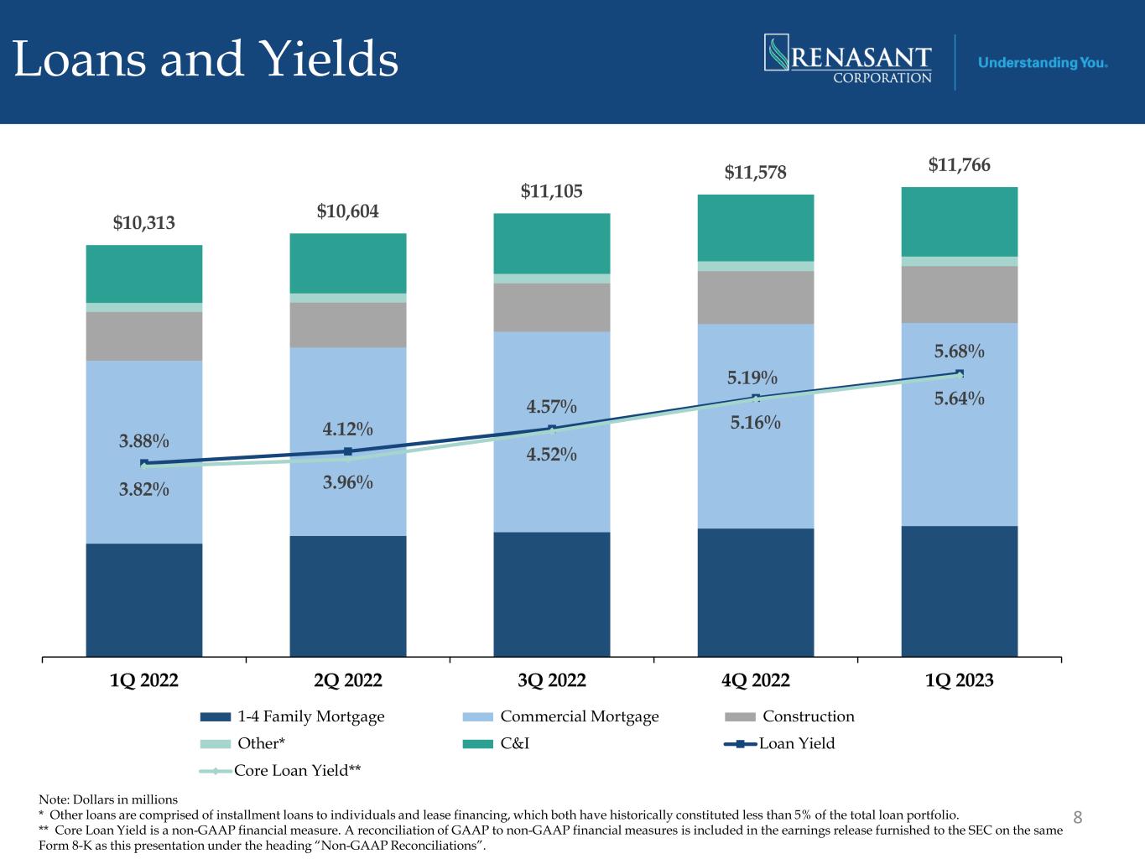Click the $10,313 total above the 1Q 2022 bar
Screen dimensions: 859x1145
click(144, 223)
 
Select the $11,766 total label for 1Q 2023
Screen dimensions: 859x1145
click(959, 165)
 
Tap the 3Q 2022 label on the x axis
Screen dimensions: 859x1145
click(552, 680)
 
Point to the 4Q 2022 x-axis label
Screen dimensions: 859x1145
click(756, 680)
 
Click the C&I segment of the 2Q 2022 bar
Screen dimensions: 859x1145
click(348, 263)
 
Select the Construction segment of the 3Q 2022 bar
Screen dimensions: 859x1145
click(552, 307)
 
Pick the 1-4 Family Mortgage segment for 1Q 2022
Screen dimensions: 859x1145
click(144, 599)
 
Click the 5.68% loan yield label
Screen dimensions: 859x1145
click(959, 351)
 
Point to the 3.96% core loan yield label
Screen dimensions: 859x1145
click(348, 483)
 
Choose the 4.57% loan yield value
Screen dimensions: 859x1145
click(551, 408)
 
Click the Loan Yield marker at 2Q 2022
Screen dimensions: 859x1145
click(347, 452)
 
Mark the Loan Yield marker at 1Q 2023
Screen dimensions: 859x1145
click(959, 373)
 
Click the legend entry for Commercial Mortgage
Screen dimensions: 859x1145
click(579, 716)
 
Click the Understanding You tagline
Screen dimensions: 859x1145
click(1043, 63)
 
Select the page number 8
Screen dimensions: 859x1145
click(1078, 817)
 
